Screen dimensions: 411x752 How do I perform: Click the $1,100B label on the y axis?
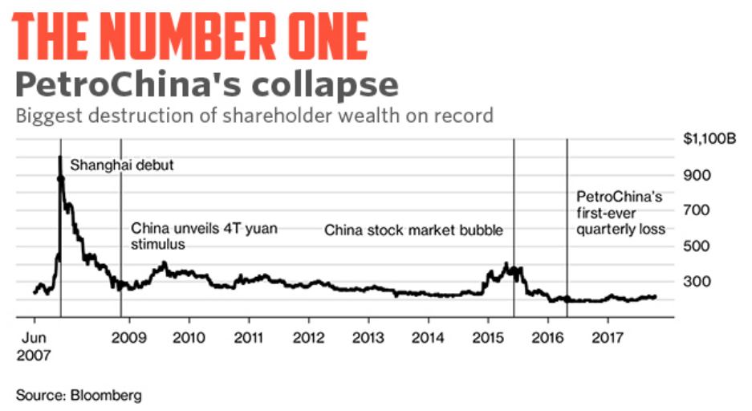pos(709,139)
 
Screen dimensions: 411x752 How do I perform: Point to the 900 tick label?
pos(695,175)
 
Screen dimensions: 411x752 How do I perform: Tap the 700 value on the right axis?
pos(695,210)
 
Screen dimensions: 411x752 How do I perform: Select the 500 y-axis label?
pos(695,246)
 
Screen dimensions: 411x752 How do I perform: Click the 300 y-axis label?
pos(695,281)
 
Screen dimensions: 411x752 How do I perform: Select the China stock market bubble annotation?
pos(413,231)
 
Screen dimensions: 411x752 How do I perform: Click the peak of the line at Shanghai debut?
pos(60,158)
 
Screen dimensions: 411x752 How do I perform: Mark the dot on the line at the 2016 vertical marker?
pos(567,299)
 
